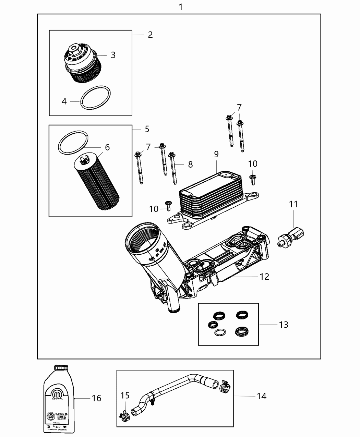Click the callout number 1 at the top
(x=181, y=7)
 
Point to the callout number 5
(x=147, y=129)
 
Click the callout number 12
(x=264, y=276)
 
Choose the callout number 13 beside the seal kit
(x=284, y=324)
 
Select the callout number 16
(x=96, y=398)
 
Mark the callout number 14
(x=261, y=396)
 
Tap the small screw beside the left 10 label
(x=168, y=205)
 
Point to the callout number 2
(x=150, y=35)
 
